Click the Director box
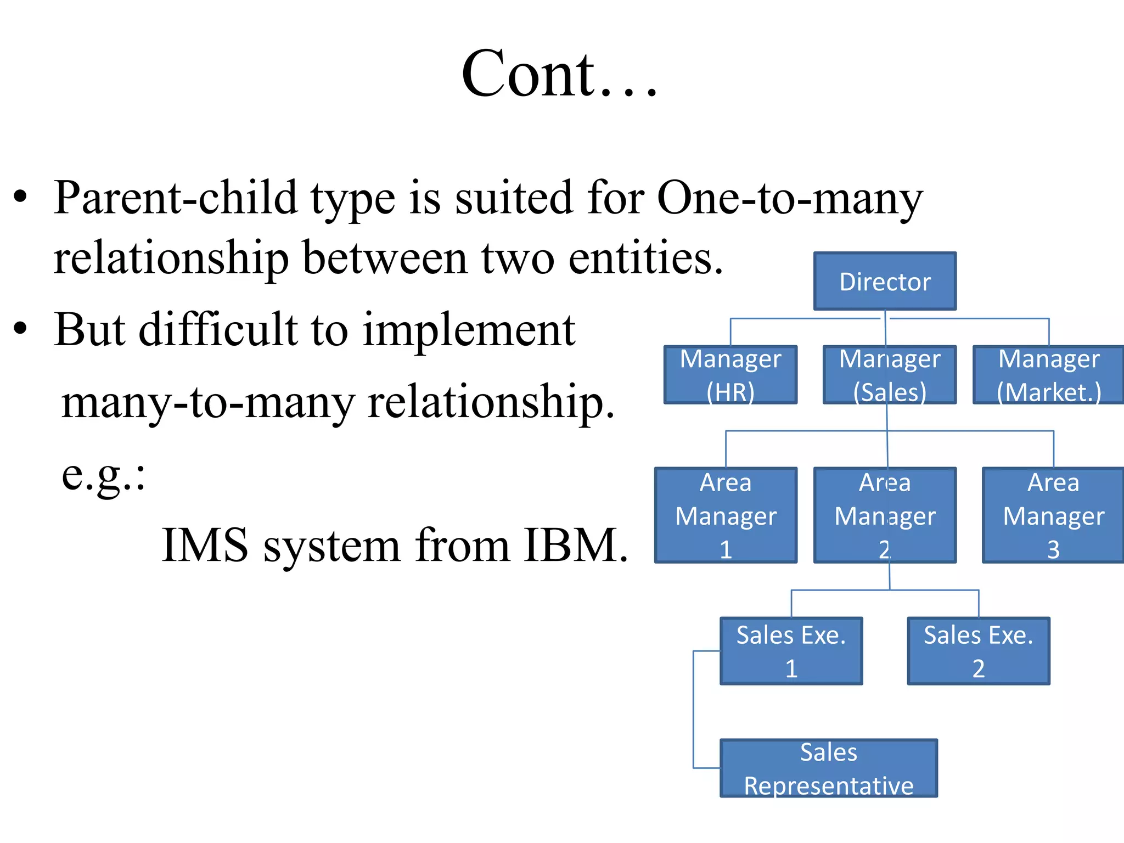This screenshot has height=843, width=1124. pos(885,282)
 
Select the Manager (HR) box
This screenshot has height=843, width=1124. pos(730,375)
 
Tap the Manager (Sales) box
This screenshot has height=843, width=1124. pos(889,375)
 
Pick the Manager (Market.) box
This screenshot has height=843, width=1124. pos(1048,375)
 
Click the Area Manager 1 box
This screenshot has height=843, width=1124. pos(726,515)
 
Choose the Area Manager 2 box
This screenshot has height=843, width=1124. pos(885,515)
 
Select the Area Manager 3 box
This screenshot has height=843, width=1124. pos(1053,515)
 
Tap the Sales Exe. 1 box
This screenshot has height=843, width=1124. pos(791,651)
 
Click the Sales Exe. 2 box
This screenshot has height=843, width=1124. pos(978,651)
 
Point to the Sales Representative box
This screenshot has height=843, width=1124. pos(828,768)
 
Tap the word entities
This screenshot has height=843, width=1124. pos(645,258)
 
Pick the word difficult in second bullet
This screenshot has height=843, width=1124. pos(217,330)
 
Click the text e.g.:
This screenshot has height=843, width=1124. pos(103,474)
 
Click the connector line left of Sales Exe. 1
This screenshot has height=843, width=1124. pos(694,708)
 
